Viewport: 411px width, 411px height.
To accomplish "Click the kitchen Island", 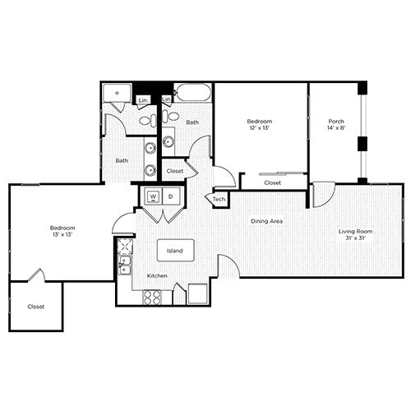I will tap(175, 250).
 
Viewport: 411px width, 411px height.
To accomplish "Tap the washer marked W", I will tap(153, 197).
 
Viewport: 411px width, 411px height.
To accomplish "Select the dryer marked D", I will tap(170, 197).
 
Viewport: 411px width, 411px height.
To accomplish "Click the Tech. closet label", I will tap(219, 200).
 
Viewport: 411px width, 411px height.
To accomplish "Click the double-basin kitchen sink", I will tap(125, 266).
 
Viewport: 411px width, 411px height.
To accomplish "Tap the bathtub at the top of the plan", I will tap(192, 95).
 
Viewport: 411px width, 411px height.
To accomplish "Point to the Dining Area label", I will tap(267, 220).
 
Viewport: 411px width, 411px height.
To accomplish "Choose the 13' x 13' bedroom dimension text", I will tap(62, 233).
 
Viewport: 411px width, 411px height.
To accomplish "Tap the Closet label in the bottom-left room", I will tap(35, 307).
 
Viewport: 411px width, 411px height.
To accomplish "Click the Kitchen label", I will tap(157, 275).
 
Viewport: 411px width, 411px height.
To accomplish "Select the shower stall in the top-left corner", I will tap(118, 95).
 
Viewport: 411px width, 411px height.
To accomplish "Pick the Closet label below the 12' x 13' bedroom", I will tap(272, 182).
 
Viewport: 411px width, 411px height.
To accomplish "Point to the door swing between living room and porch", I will tap(321, 193).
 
